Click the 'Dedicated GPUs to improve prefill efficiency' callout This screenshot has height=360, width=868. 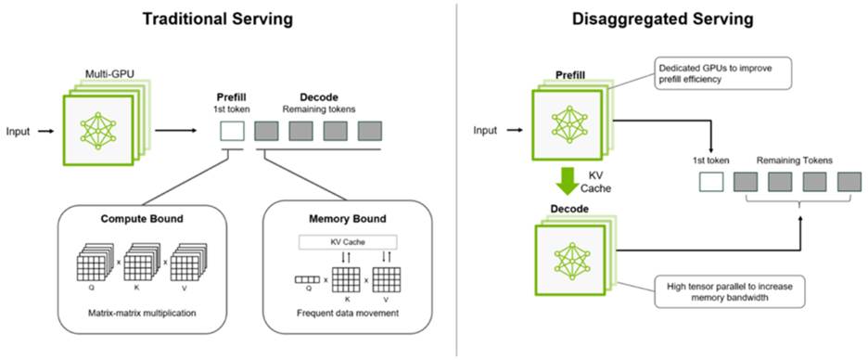click(721, 73)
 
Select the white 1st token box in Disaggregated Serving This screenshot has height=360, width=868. click(710, 182)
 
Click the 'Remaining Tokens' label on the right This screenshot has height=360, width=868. click(793, 160)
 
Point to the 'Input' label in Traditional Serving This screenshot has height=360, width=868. click(19, 132)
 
